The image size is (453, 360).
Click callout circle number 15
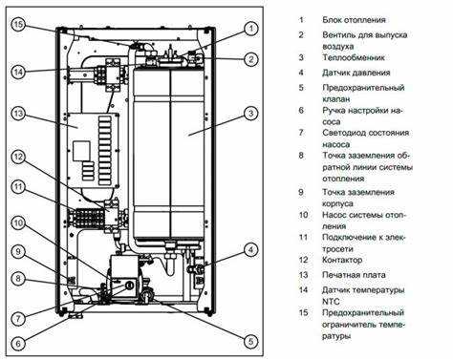pyautogui.click(x=19, y=25)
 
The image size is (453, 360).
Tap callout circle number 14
pyautogui.click(x=19, y=72)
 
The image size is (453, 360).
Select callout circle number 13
pyautogui.click(x=19, y=114)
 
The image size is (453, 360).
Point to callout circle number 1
pyautogui.click(x=251, y=29)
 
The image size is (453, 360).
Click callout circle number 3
pyautogui.click(x=251, y=114)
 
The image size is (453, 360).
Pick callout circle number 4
pyautogui.click(x=251, y=250)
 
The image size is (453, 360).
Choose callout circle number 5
pyautogui.click(x=250, y=342)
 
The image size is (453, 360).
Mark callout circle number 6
pyautogui.click(x=18, y=343)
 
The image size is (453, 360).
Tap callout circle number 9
pyautogui.click(x=18, y=252)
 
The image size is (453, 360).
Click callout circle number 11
pyautogui.click(x=18, y=186)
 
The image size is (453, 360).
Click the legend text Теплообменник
pyautogui.click(x=354, y=57)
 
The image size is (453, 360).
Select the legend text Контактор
pyautogui.click(x=342, y=260)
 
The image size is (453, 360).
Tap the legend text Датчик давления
pyautogui.click(x=356, y=73)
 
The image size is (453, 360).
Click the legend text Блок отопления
pyautogui.click(x=354, y=20)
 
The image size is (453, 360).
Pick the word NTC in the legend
pyautogui.click(x=331, y=301)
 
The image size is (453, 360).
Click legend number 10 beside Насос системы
pyautogui.click(x=303, y=215)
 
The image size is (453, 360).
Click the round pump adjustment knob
pyautogui.click(x=129, y=285)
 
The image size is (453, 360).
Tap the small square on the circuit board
pyautogui.click(x=81, y=151)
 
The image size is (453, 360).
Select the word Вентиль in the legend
pyautogui.click(x=338, y=34)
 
